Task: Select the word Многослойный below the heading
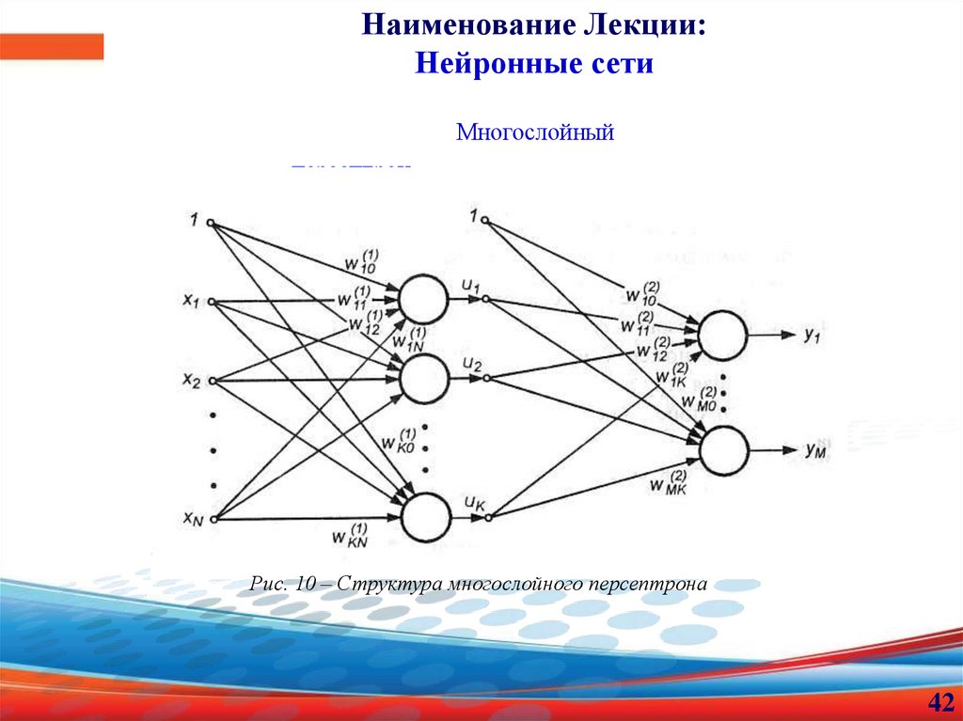[535, 132]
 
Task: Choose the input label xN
[193, 518]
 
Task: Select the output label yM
[815, 450]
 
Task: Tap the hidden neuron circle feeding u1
[423, 298]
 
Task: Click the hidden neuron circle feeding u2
[423, 378]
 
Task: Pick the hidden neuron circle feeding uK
[425, 516]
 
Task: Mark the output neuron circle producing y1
[722, 335]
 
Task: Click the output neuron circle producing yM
[722, 450]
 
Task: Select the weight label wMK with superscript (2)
[668, 483]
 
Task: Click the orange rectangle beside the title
[52, 46]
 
